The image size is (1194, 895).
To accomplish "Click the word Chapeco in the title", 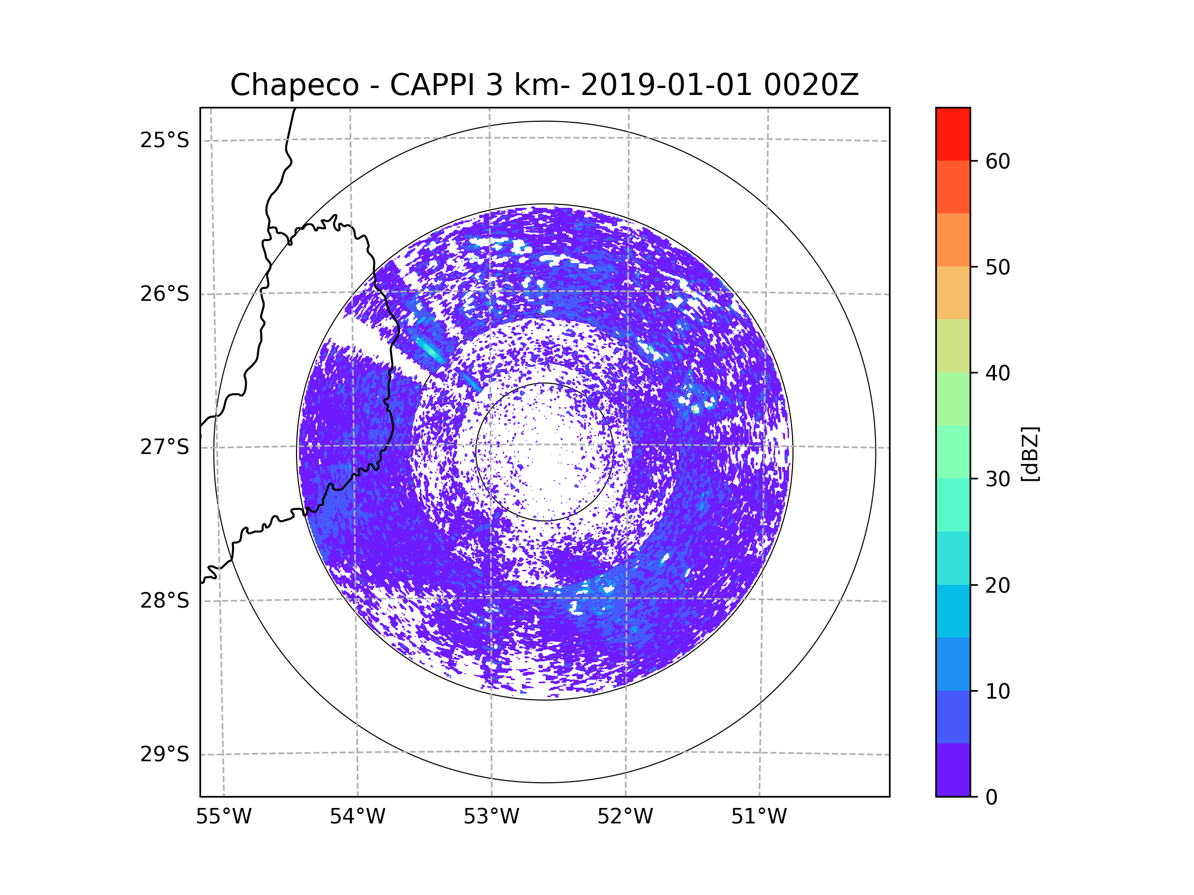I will coord(294,85).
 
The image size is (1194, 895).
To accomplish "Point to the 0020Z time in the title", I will coord(811,85).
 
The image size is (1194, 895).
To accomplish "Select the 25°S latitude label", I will coord(165,140).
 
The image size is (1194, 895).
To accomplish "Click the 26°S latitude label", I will coord(165,294).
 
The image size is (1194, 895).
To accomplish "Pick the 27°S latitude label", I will coord(165,447).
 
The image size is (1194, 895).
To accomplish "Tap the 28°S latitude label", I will coord(165,601).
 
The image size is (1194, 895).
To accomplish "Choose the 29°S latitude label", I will coord(165,754).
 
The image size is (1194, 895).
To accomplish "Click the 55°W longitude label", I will coord(223,817).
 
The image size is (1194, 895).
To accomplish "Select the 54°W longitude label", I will coord(357,817).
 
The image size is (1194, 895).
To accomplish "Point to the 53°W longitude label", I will coord(491,817).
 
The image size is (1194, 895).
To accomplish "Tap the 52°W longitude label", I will coord(625,817).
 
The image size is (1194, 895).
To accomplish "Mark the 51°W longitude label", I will coord(759,817).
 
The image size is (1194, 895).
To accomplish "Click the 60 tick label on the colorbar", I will coord(997,161).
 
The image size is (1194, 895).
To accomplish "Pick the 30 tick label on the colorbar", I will coord(997,479).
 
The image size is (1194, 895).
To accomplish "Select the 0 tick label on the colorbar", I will coord(992,798).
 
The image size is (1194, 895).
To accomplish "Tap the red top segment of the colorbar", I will coord(953,134).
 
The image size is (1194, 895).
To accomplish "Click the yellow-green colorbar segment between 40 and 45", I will coord(953,346).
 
